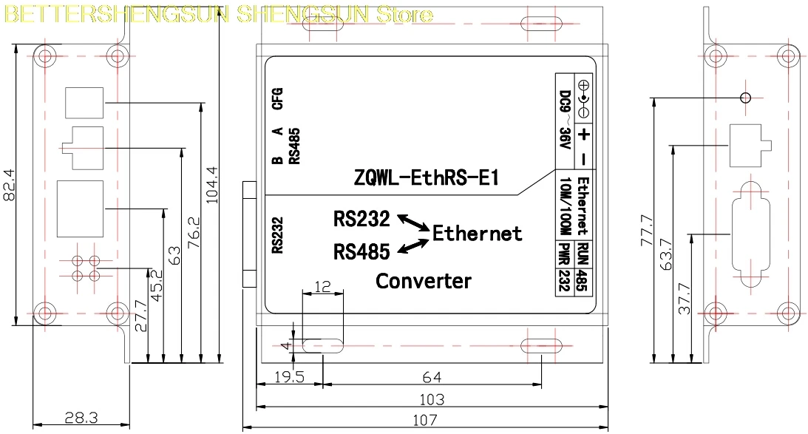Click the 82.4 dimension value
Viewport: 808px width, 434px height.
click(9, 185)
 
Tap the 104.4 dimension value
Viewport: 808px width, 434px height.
click(211, 185)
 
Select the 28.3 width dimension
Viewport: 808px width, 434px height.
click(81, 417)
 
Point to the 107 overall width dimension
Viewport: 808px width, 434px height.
click(424, 420)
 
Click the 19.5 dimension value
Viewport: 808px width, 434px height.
click(289, 377)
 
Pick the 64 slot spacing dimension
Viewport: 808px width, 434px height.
click(432, 377)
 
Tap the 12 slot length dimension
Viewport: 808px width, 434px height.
click(322, 287)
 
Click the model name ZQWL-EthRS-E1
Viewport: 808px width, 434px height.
click(426, 178)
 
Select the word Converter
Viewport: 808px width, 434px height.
click(424, 281)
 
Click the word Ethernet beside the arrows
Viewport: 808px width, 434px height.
click(477, 234)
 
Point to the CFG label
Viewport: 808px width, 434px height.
click(277, 98)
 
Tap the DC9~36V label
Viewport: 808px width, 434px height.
click(566, 120)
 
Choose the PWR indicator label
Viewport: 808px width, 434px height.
click(566, 254)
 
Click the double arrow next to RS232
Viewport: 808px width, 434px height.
click(413, 222)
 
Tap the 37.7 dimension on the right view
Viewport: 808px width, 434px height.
click(685, 299)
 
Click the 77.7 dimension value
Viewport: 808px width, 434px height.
click(647, 231)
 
